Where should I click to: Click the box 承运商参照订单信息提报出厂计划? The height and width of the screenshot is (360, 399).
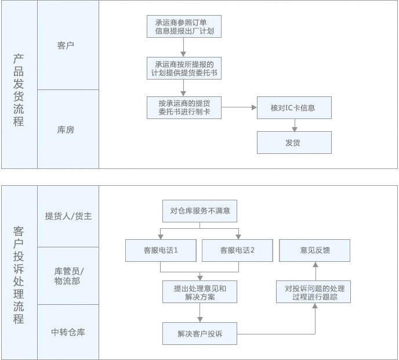[184, 27]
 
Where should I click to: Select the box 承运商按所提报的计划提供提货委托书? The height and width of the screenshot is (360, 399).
[184, 69]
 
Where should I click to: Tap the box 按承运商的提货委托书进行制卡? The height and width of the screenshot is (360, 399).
[184, 107]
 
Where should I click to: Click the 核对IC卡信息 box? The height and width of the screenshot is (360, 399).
[294, 107]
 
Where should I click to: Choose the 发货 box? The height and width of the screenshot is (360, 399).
[294, 142]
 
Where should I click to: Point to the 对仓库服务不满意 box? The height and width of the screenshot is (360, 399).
[199, 211]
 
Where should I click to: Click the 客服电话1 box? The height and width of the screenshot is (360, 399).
[161, 250]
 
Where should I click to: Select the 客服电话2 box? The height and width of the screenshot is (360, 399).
[237, 250]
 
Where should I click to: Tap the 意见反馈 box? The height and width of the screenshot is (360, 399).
[315, 250]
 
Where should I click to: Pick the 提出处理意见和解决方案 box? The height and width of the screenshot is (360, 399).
[199, 292]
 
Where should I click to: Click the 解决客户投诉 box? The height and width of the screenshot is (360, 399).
[199, 334]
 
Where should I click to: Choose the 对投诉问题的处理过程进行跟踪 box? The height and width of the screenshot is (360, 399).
[314, 292]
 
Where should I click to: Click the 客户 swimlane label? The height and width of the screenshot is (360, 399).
[66, 45]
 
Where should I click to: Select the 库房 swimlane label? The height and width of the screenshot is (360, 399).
[66, 130]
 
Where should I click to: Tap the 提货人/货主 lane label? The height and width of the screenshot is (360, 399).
[68, 216]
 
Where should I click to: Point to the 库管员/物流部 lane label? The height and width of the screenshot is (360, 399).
[68, 276]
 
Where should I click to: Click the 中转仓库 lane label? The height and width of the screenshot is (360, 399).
[68, 332]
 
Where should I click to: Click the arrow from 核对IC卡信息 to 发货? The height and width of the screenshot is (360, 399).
[295, 125]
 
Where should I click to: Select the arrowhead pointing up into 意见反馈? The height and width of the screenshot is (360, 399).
[315, 264]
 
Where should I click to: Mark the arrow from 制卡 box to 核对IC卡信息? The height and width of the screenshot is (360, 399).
[239, 107]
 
